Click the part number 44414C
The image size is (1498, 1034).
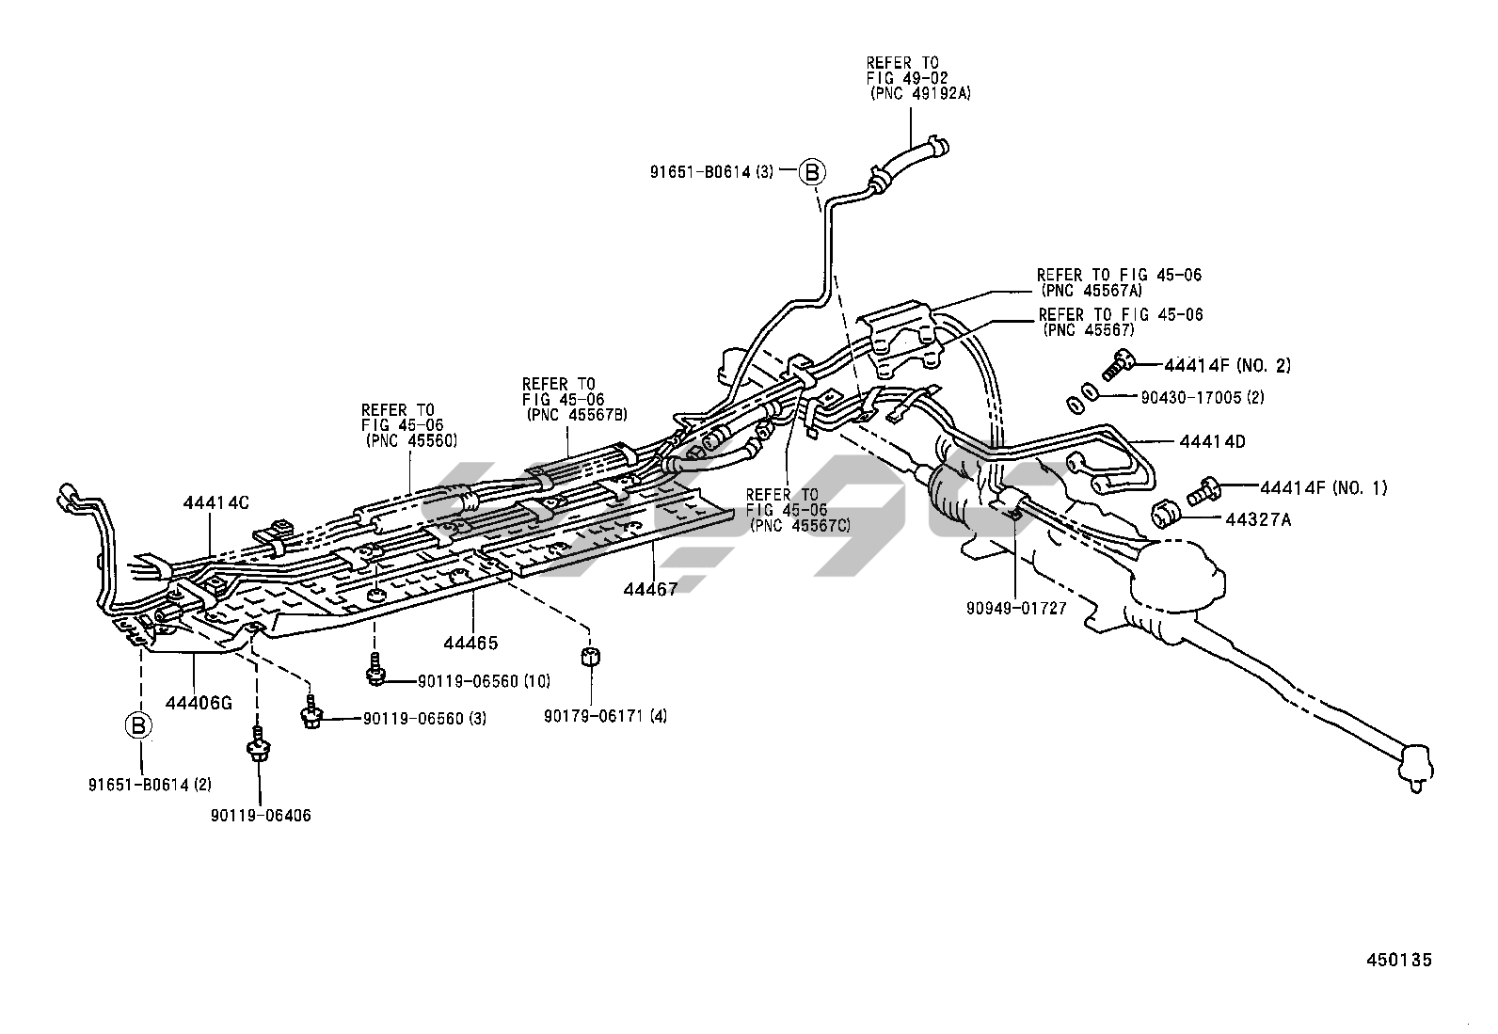coord(215,502)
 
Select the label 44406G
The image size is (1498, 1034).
coord(199,700)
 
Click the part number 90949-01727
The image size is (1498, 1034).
coord(1015,608)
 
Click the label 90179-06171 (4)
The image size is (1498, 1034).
coord(605,717)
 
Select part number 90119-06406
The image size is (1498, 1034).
coord(261,816)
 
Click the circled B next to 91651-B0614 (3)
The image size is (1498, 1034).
coord(811,172)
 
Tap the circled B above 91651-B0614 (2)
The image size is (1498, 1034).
coord(138,725)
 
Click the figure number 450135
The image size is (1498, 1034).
coord(1399,960)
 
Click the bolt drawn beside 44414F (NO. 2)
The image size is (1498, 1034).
coord(1119,361)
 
